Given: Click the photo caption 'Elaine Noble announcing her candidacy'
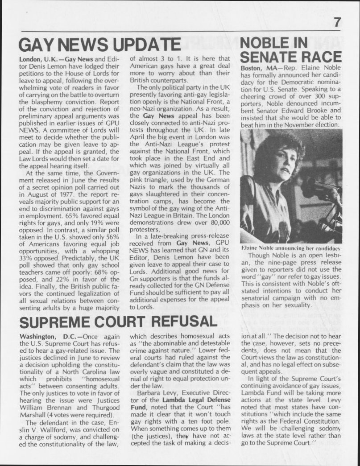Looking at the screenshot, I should [290, 247].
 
